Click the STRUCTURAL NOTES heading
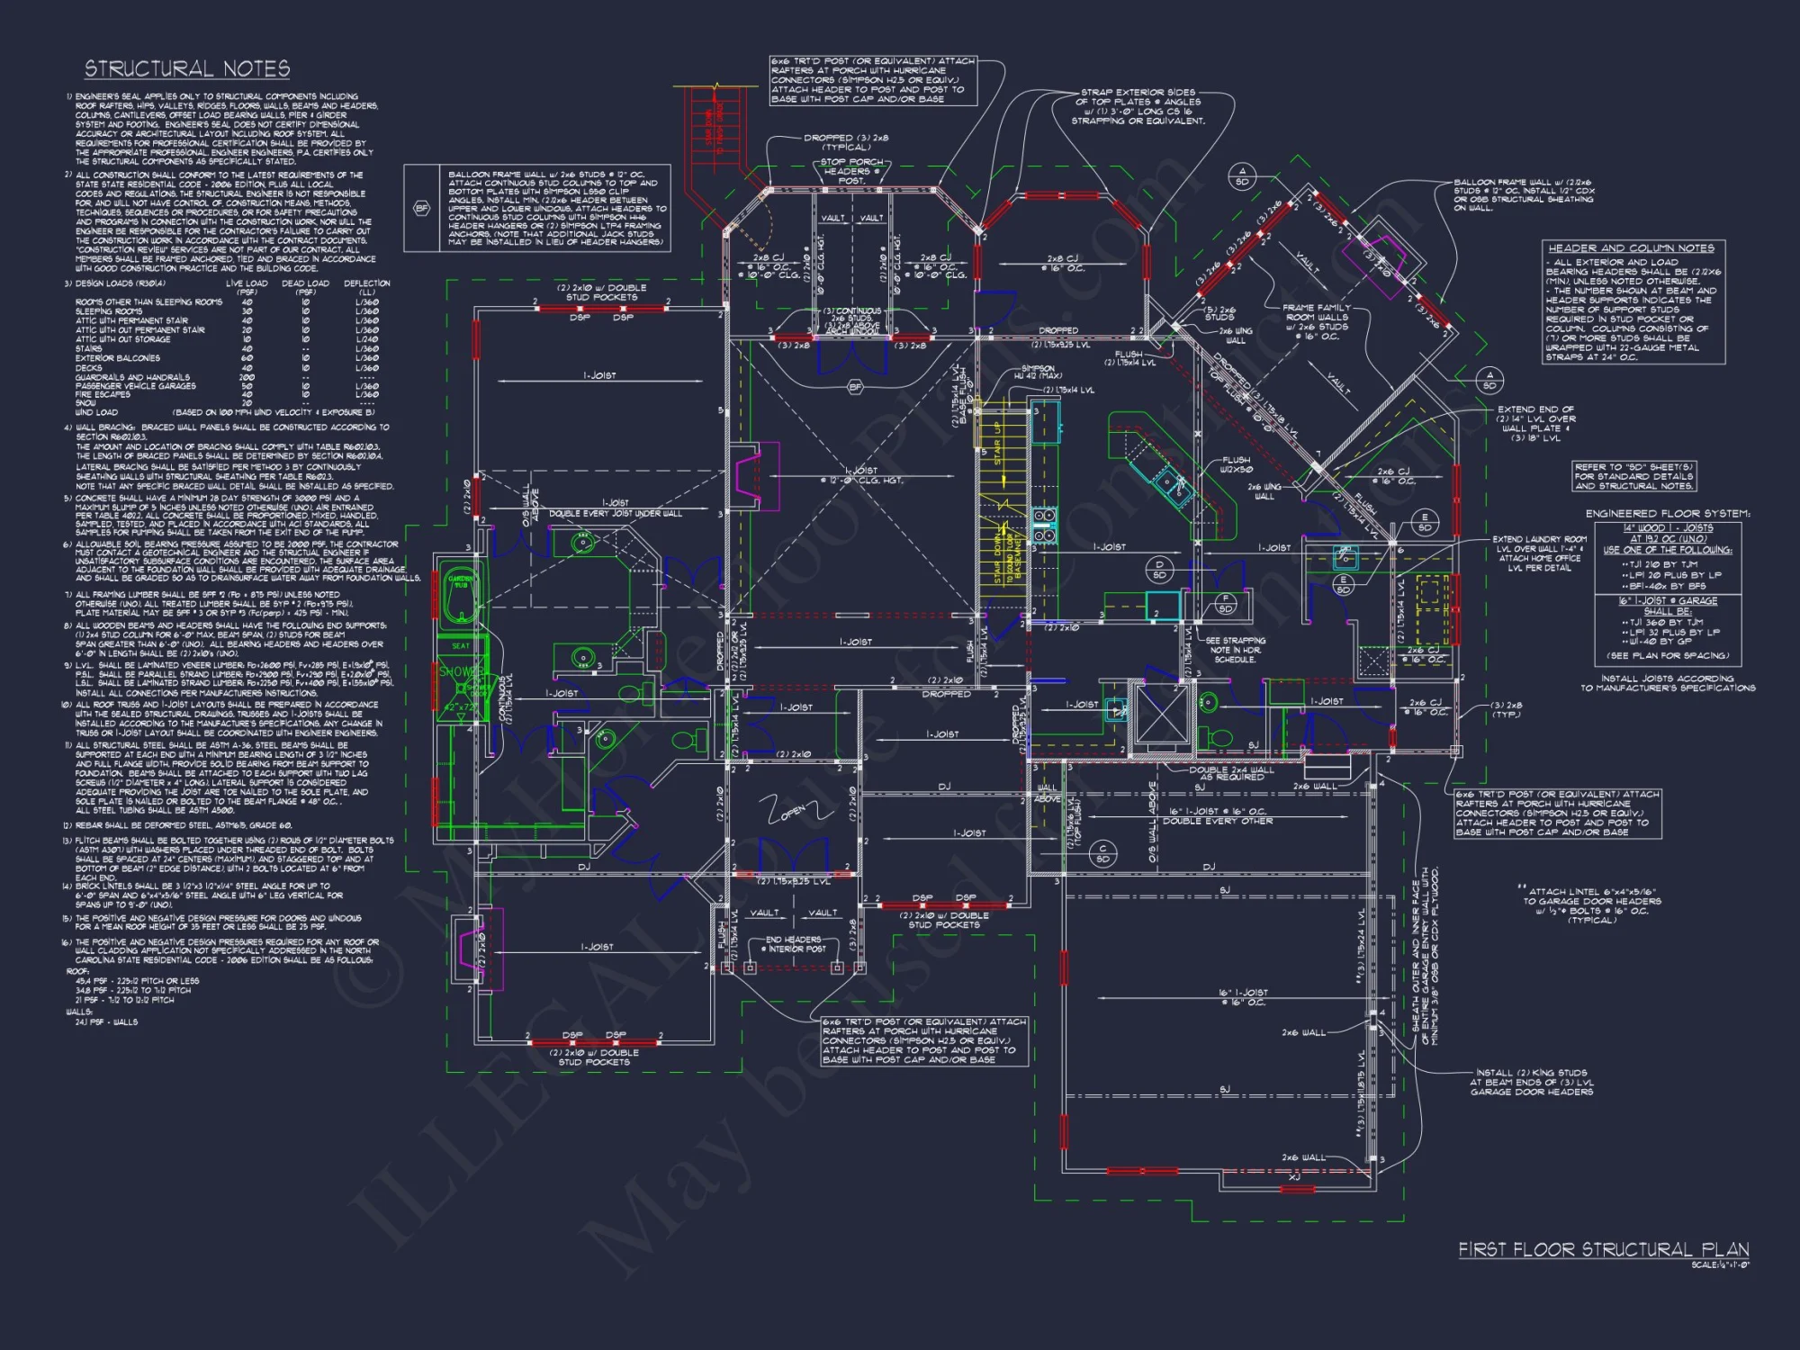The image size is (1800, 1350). [x=187, y=69]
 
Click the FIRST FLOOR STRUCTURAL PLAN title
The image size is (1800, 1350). [x=1603, y=1249]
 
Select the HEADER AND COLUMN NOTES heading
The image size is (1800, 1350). [x=1631, y=247]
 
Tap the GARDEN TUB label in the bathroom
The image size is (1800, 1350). [x=461, y=580]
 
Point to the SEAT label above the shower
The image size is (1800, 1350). [x=461, y=645]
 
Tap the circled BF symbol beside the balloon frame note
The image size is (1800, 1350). [x=421, y=208]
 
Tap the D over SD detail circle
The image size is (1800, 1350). [x=1159, y=570]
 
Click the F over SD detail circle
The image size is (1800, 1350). [x=1225, y=603]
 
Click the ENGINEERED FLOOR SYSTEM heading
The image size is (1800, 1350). [x=1667, y=513]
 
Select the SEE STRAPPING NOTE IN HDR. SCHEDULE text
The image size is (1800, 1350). [x=1235, y=650]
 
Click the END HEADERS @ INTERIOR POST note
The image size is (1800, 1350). [x=796, y=944]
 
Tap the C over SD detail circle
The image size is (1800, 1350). [x=1102, y=853]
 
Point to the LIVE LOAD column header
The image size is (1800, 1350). [x=247, y=286]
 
